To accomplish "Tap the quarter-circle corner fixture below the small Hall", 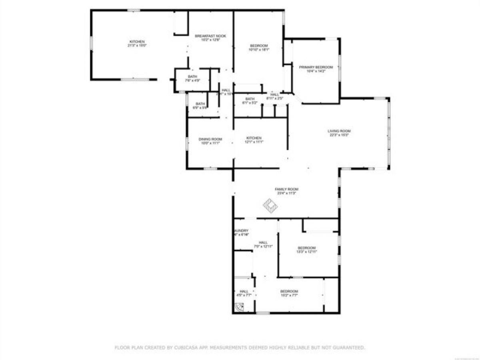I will tap(239, 308).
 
